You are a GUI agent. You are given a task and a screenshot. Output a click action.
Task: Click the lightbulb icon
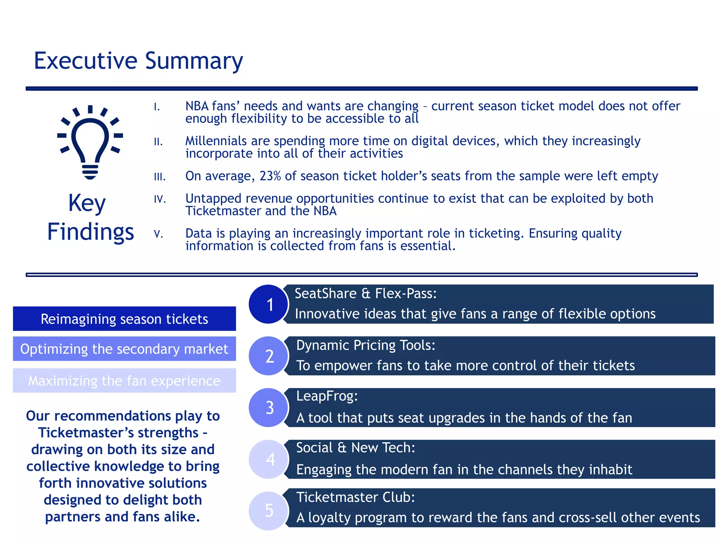(x=90, y=142)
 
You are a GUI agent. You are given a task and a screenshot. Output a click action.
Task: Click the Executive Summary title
(x=138, y=60)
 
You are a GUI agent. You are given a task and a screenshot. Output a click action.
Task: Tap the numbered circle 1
(x=269, y=304)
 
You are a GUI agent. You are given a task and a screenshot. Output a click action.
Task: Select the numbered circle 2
(x=269, y=356)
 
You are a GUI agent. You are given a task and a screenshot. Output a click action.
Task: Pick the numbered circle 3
(x=269, y=407)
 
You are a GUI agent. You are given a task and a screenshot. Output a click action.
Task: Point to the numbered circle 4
(x=269, y=459)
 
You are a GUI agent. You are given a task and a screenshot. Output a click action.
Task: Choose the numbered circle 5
(x=269, y=510)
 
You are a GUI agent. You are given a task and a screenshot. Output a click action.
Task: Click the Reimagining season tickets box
(x=124, y=319)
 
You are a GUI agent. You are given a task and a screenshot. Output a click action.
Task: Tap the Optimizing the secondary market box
(x=124, y=349)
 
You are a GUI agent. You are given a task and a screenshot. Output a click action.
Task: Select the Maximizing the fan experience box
(x=124, y=381)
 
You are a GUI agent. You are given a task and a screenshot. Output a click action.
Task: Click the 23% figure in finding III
(x=270, y=176)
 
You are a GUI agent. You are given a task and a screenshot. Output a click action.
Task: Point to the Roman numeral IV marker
(x=160, y=199)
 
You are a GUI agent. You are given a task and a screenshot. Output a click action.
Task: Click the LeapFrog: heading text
(x=327, y=396)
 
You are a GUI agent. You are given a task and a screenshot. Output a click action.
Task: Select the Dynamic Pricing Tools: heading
(x=366, y=345)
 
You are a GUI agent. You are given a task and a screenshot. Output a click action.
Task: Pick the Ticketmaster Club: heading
(x=355, y=497)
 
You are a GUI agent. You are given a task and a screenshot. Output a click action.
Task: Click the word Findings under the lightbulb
(x=91, y=232)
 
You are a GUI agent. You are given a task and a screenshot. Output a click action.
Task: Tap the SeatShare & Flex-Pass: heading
(x=366, y=294)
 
